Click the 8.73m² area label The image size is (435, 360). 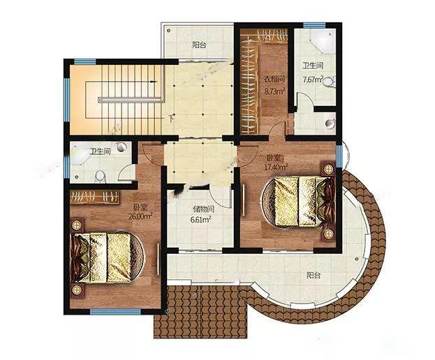click(x=274, y=91)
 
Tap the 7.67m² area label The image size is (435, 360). click(x=313, y=80)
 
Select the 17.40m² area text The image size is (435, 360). click(x=276, y=167)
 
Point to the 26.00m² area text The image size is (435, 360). click(x=140, y=216)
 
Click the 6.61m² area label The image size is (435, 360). click(x=200, y=220)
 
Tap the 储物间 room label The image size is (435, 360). click(x=204, y=209)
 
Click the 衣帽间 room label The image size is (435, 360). click(x=274, y=80)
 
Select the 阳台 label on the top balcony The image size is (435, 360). click(x=199, y=45)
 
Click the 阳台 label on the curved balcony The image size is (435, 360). click(x=314, y=275)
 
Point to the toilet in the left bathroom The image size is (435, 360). click(x=100, y=177)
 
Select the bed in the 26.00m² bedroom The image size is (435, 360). click(x=107, y=257)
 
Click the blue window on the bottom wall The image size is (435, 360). click(x=115, y=312)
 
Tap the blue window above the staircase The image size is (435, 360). click(x=85, y=61)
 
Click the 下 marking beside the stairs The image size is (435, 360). click(x=172, y=119)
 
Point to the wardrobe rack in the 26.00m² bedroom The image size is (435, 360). click(x=95, y=197)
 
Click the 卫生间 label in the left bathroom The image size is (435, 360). click(x=100, y=151)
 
